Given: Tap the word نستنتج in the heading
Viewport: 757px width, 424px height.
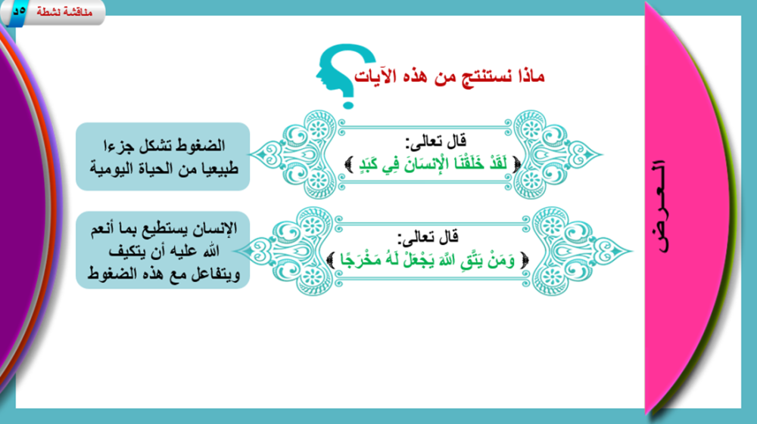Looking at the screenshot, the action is point(477,76).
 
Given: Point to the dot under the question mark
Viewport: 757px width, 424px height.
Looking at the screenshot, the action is point(348,104).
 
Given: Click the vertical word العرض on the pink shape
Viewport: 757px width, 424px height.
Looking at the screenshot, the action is point(661,206).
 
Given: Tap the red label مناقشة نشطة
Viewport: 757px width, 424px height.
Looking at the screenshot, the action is point(64,12).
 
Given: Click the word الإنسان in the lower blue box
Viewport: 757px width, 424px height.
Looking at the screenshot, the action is point(212,228).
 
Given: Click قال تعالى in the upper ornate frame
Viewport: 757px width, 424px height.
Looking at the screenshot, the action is point(436,141).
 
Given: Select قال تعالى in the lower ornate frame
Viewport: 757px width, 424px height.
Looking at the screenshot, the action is point(428,237).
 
